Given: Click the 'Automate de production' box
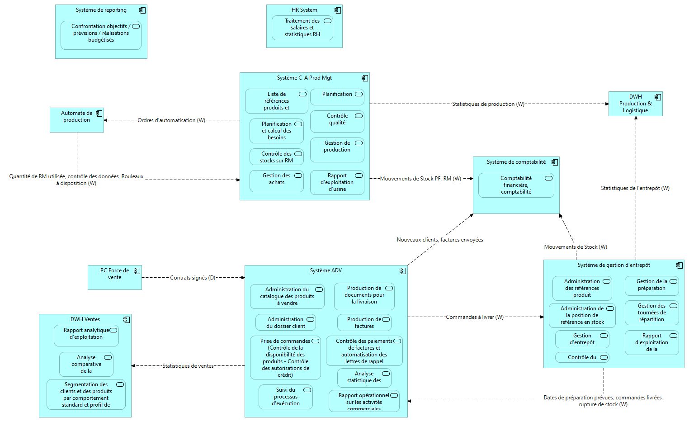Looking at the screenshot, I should tap(76, 120).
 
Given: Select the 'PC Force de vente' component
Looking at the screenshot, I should tap(114, 277).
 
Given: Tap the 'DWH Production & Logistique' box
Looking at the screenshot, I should tap(635, 104).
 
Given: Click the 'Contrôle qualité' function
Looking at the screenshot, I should tap(337, 122).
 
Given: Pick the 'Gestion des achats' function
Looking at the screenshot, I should tap(276, 181).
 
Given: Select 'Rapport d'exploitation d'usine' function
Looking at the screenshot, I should tap(337, 182).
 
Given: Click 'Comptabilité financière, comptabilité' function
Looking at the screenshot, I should tap(516, 185).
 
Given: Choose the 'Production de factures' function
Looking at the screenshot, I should tap(364, 322).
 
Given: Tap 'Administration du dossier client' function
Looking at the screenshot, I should tap(285, 322).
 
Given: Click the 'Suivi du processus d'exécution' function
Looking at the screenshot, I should tap(285, 397).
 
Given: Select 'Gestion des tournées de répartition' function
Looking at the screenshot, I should tap(651, 313).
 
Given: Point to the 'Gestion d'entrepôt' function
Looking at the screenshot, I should tap(582, 339).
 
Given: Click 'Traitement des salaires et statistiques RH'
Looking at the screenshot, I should tap(302, 28).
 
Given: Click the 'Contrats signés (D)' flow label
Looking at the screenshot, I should tap(193, 278).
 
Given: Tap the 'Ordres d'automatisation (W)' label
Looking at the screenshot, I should tap(171, 120).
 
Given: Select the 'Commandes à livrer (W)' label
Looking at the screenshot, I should tap(475, 317).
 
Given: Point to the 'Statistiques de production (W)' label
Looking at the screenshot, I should tap(488, 104).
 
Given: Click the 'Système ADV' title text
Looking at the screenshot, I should tap(326, 270).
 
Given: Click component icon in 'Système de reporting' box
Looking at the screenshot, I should tap(142, 10).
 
